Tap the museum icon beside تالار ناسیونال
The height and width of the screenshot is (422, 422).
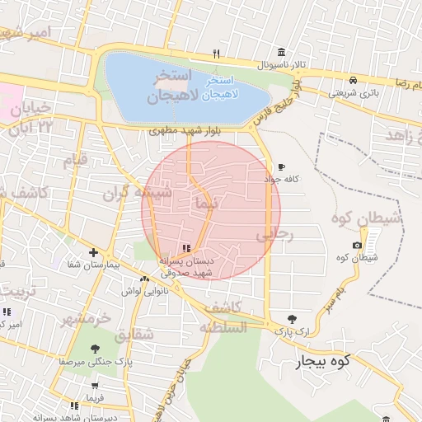pyautogui.click(x=283, y=53)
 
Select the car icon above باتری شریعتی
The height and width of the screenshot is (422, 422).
pyautogui.click(x=353, y=81)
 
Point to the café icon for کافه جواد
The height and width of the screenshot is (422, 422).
pyautogui.click(x=282, y=166)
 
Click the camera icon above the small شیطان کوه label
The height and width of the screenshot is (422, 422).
pyautogui.click(x=356, y=246)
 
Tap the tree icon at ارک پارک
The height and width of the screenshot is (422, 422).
pyautogui.click(x=291, y=319)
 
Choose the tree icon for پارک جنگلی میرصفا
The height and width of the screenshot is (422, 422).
pyautogui.click(x=96, y=348)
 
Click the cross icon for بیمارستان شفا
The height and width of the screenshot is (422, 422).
pyautogui.click(x=93, y=253)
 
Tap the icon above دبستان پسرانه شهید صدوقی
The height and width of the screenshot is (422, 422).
pyautogui.click(x=186, y=248)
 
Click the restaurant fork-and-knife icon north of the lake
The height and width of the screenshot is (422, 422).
pyautogui.click(x=216, y=54)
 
